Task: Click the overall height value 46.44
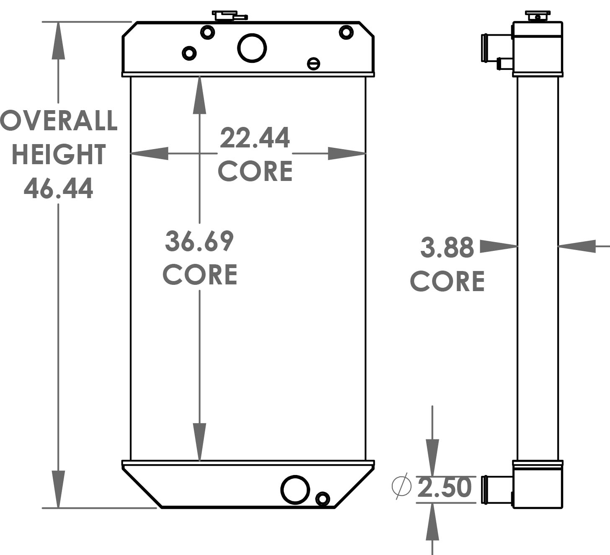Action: (58, 188)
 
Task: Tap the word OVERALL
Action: (59, 121)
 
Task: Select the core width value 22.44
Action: (255, 138)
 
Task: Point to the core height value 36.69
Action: (199, 241)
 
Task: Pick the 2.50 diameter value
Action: (445, 488)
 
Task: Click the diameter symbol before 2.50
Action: (401, 487)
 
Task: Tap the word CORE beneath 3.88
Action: (447, 281)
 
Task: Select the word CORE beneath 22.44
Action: (255, 171)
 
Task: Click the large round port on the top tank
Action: (252, 48)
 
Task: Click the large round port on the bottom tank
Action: (296, 490)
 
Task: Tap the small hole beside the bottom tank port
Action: (322, 499)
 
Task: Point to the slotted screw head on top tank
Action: (313, 64)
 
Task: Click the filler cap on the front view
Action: (229, 15)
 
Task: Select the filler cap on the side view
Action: (538, 16)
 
